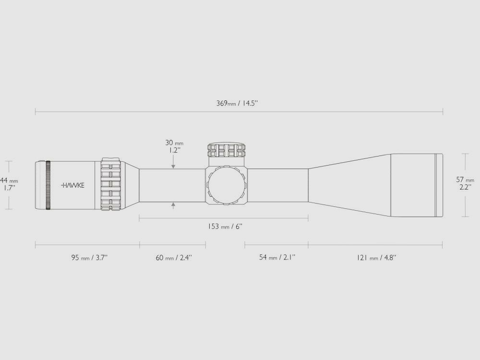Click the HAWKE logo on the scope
(x=72, y=185)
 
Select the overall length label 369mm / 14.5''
(x=238, y=103)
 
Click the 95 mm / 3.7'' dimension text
(x=90, y=257)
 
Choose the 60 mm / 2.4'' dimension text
(x=174, y=257)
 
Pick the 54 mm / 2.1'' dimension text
(x=277, y=257)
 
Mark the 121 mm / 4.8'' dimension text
(x=376, y=257)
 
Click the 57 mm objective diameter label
(x=465, y=180)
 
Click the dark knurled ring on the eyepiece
(x=48, y=185)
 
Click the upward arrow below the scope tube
(x=173, y=205)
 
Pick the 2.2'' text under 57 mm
(x=465, y=188)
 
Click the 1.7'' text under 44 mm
(x=9, y=188)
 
